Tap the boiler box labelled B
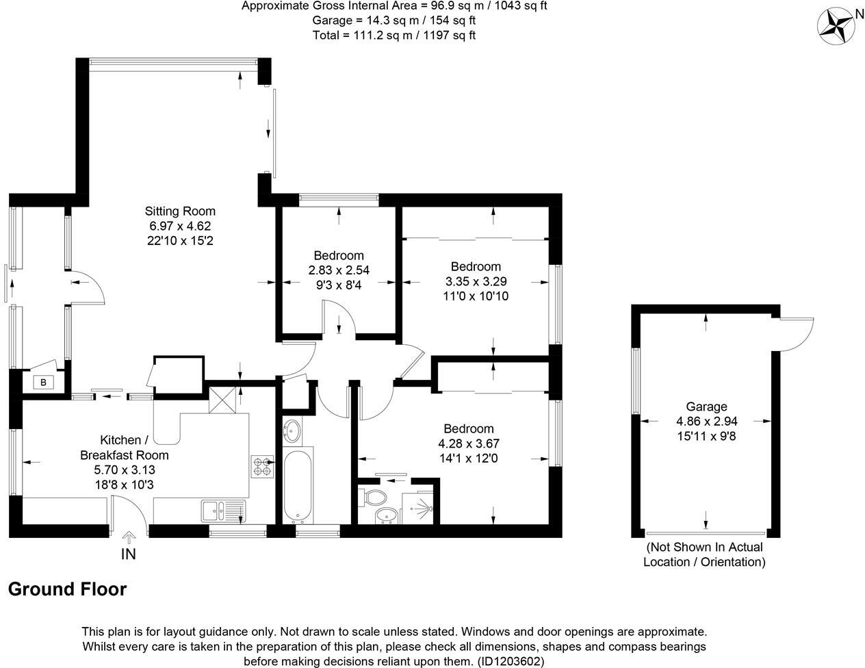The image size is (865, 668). click(43, 382)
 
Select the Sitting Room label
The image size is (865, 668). click(180, 211)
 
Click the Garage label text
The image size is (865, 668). click(708, 407)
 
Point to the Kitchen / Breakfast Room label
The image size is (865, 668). click(125, 447)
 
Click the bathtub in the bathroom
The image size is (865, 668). click(297, 485)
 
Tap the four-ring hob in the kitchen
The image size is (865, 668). click(261, 466)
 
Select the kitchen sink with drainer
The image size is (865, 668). click(223, 511)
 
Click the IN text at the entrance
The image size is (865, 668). click(129, 554)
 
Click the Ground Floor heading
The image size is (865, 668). click(67, 589)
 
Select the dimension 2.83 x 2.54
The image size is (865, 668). click(339, 270)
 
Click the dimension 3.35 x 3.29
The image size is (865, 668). click(476, 281)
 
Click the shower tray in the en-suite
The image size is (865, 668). click(421, 506)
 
